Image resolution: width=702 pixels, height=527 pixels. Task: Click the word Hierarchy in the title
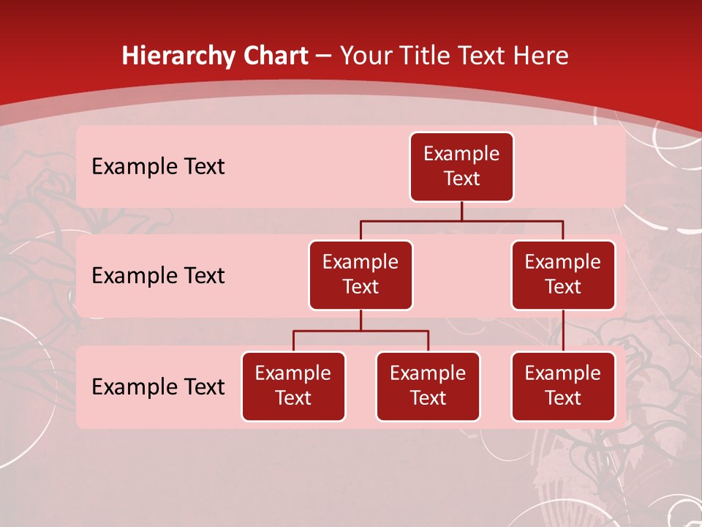[x=173, y=56]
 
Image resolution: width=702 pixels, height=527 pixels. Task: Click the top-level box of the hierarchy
[x=461, y=167]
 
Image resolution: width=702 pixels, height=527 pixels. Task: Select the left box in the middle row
[x=361, y=275]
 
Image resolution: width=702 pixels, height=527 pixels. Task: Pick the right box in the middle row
[x=563, y=275]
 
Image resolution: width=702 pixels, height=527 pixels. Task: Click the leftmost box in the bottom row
[x=293, y=386]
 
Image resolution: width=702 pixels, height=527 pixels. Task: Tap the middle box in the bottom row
[x=428, y=386]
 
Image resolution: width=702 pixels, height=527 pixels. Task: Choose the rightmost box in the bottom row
[x=563, y=386]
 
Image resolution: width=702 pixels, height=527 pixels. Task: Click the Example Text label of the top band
[x=158, y=167]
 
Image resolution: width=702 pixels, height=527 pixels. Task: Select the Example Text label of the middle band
[x=158, y=276]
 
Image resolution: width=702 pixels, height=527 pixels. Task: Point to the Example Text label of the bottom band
[x=158, y=386]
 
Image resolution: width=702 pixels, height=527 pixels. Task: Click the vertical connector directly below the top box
[x=461, y=211]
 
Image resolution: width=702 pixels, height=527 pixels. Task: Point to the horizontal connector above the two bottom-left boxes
[x=361, y=331]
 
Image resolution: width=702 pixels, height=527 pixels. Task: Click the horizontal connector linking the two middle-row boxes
[x=461, y=220]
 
